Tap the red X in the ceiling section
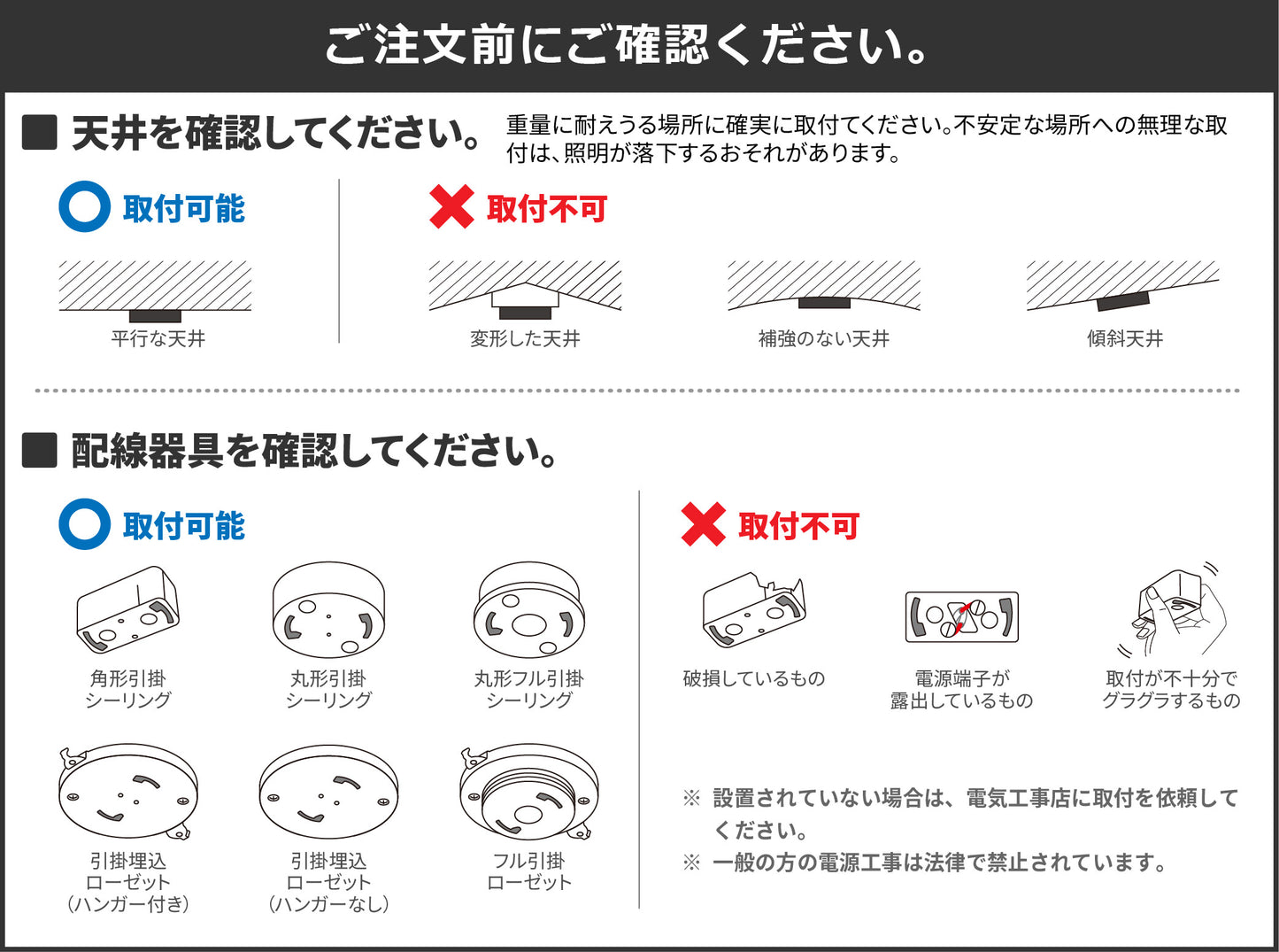pyautogui.click(x=451, y=206)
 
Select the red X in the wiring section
pyautogui.click(x=703, y=524)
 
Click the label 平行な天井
pyautogui.click(x=158, y=338)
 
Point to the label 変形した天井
pyautogui.click(x=525, y=338)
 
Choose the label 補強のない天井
pyautogui.click(x=823, y=338)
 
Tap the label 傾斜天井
pyautogui.click(x=1124, y=338)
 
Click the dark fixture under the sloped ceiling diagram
pyautogui.click(x=1122, y=301)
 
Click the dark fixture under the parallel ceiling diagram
pyautogui.click(x=155, y=316)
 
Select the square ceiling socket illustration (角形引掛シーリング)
pyautogui.click(x=127, y=609)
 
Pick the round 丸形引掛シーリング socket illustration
pyautogui.click(x=328, y=610)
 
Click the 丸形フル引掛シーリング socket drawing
pyautogui.click(x=528, y=610)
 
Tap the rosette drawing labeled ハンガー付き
pyautogui.click(x=127, y=793)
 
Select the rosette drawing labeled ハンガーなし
pyautogui.click(x=328, y=793)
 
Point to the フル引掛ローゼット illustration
pyautogui.click(x=528, y=793)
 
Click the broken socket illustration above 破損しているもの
pyautogui.click(x=753, y=609)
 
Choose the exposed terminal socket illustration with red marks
pyautogui.click(x=962, y=616)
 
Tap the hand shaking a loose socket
pyautogui.click(x=1176, y=610)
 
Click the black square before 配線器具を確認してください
pyautogui.click(x=39, y=450)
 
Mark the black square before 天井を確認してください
pyautogui.click(x=39, y=132)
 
